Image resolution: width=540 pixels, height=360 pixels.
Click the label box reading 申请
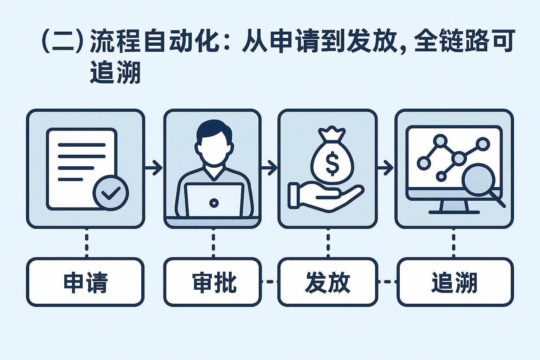point(85,282)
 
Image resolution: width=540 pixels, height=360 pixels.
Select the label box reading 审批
point(213,282)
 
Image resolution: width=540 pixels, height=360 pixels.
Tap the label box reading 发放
point(328,282)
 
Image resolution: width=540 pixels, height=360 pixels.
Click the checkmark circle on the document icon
point(111,193)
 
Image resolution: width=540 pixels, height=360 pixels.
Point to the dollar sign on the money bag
point(332,163)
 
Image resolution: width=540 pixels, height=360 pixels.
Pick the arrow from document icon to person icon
point(154,167)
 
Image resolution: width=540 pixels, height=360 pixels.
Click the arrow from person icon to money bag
point(269,167)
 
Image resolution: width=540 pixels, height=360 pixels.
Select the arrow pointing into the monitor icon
point(386,167)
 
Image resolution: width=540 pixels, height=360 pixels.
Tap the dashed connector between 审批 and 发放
point(270,282)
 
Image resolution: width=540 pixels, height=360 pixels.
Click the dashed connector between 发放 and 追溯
point(387,282)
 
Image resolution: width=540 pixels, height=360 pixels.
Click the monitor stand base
point(454,212)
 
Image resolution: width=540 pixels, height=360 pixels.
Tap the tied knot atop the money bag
point(332,134)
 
